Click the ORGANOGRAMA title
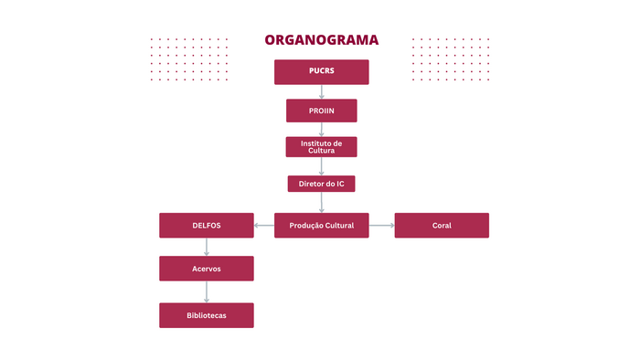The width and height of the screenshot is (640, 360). [321, 40]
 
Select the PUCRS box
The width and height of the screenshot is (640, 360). [321, 71]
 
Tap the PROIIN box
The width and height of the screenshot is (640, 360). [321, 111]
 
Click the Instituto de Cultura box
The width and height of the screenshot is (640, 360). [321, 146]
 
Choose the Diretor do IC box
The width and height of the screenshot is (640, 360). [321, 184]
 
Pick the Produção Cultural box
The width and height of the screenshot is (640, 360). [321, 225]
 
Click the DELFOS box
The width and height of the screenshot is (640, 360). [206, 225]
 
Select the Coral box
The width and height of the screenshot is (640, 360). [442, 225]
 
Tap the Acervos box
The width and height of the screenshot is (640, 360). [206, 268]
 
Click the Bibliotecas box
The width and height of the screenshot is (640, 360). [206, 315]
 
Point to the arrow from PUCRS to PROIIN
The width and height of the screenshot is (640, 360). [321, 91]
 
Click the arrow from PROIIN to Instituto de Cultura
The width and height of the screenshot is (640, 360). [321, 129]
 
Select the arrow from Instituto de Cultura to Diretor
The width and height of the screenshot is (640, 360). [321, 166]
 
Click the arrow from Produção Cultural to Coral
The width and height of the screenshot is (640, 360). [381, 225]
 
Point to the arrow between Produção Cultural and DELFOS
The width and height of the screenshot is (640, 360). [263, 225]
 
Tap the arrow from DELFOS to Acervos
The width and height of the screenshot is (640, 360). [206, 247]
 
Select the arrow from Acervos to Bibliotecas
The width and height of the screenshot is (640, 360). [206, 291]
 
